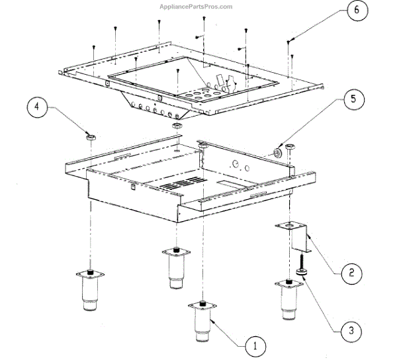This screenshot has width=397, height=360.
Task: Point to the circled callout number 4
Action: click(38, 107)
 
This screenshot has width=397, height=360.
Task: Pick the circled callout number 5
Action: click(352, 100)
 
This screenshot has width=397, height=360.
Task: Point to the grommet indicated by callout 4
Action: click(91, 137)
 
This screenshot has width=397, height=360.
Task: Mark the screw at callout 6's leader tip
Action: click(289, 41)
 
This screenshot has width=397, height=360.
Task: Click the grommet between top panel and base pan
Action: click(177, 125)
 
